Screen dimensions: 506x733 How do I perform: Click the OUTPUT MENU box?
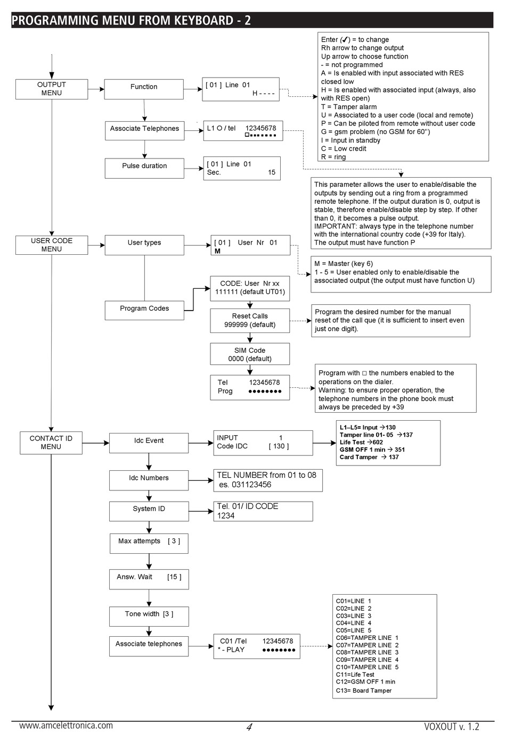coord(52,89)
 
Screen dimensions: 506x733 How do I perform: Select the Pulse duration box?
coord(144,168)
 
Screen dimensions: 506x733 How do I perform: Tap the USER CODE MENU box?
coord(52,245)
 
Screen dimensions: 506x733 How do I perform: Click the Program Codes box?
coord(144,310)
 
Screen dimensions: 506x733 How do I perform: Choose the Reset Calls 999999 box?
coord(250,320)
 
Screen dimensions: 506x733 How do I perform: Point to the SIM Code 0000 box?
coord(250,354)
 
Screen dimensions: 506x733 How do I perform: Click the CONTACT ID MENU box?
coord(51,443)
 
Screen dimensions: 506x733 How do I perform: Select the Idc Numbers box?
coord(149,480)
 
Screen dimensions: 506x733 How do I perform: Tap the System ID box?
coord(149,511)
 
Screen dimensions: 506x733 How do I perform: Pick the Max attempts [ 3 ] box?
coord(149,544)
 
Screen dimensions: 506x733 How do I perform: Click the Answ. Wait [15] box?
coord(149,579)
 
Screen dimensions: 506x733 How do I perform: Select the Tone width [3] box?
coord(149,617)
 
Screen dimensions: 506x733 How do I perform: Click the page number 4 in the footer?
coord(249,727)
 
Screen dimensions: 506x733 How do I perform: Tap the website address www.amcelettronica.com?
coord(66,726)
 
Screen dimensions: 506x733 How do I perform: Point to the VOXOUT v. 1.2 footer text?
coord(451,727)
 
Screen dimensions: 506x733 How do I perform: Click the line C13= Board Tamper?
coord(363,690)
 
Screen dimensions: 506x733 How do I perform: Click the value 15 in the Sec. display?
coord(272,172)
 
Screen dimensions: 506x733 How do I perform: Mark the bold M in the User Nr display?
coord(217,251)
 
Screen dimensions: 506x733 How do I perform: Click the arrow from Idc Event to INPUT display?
coord(201,443)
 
